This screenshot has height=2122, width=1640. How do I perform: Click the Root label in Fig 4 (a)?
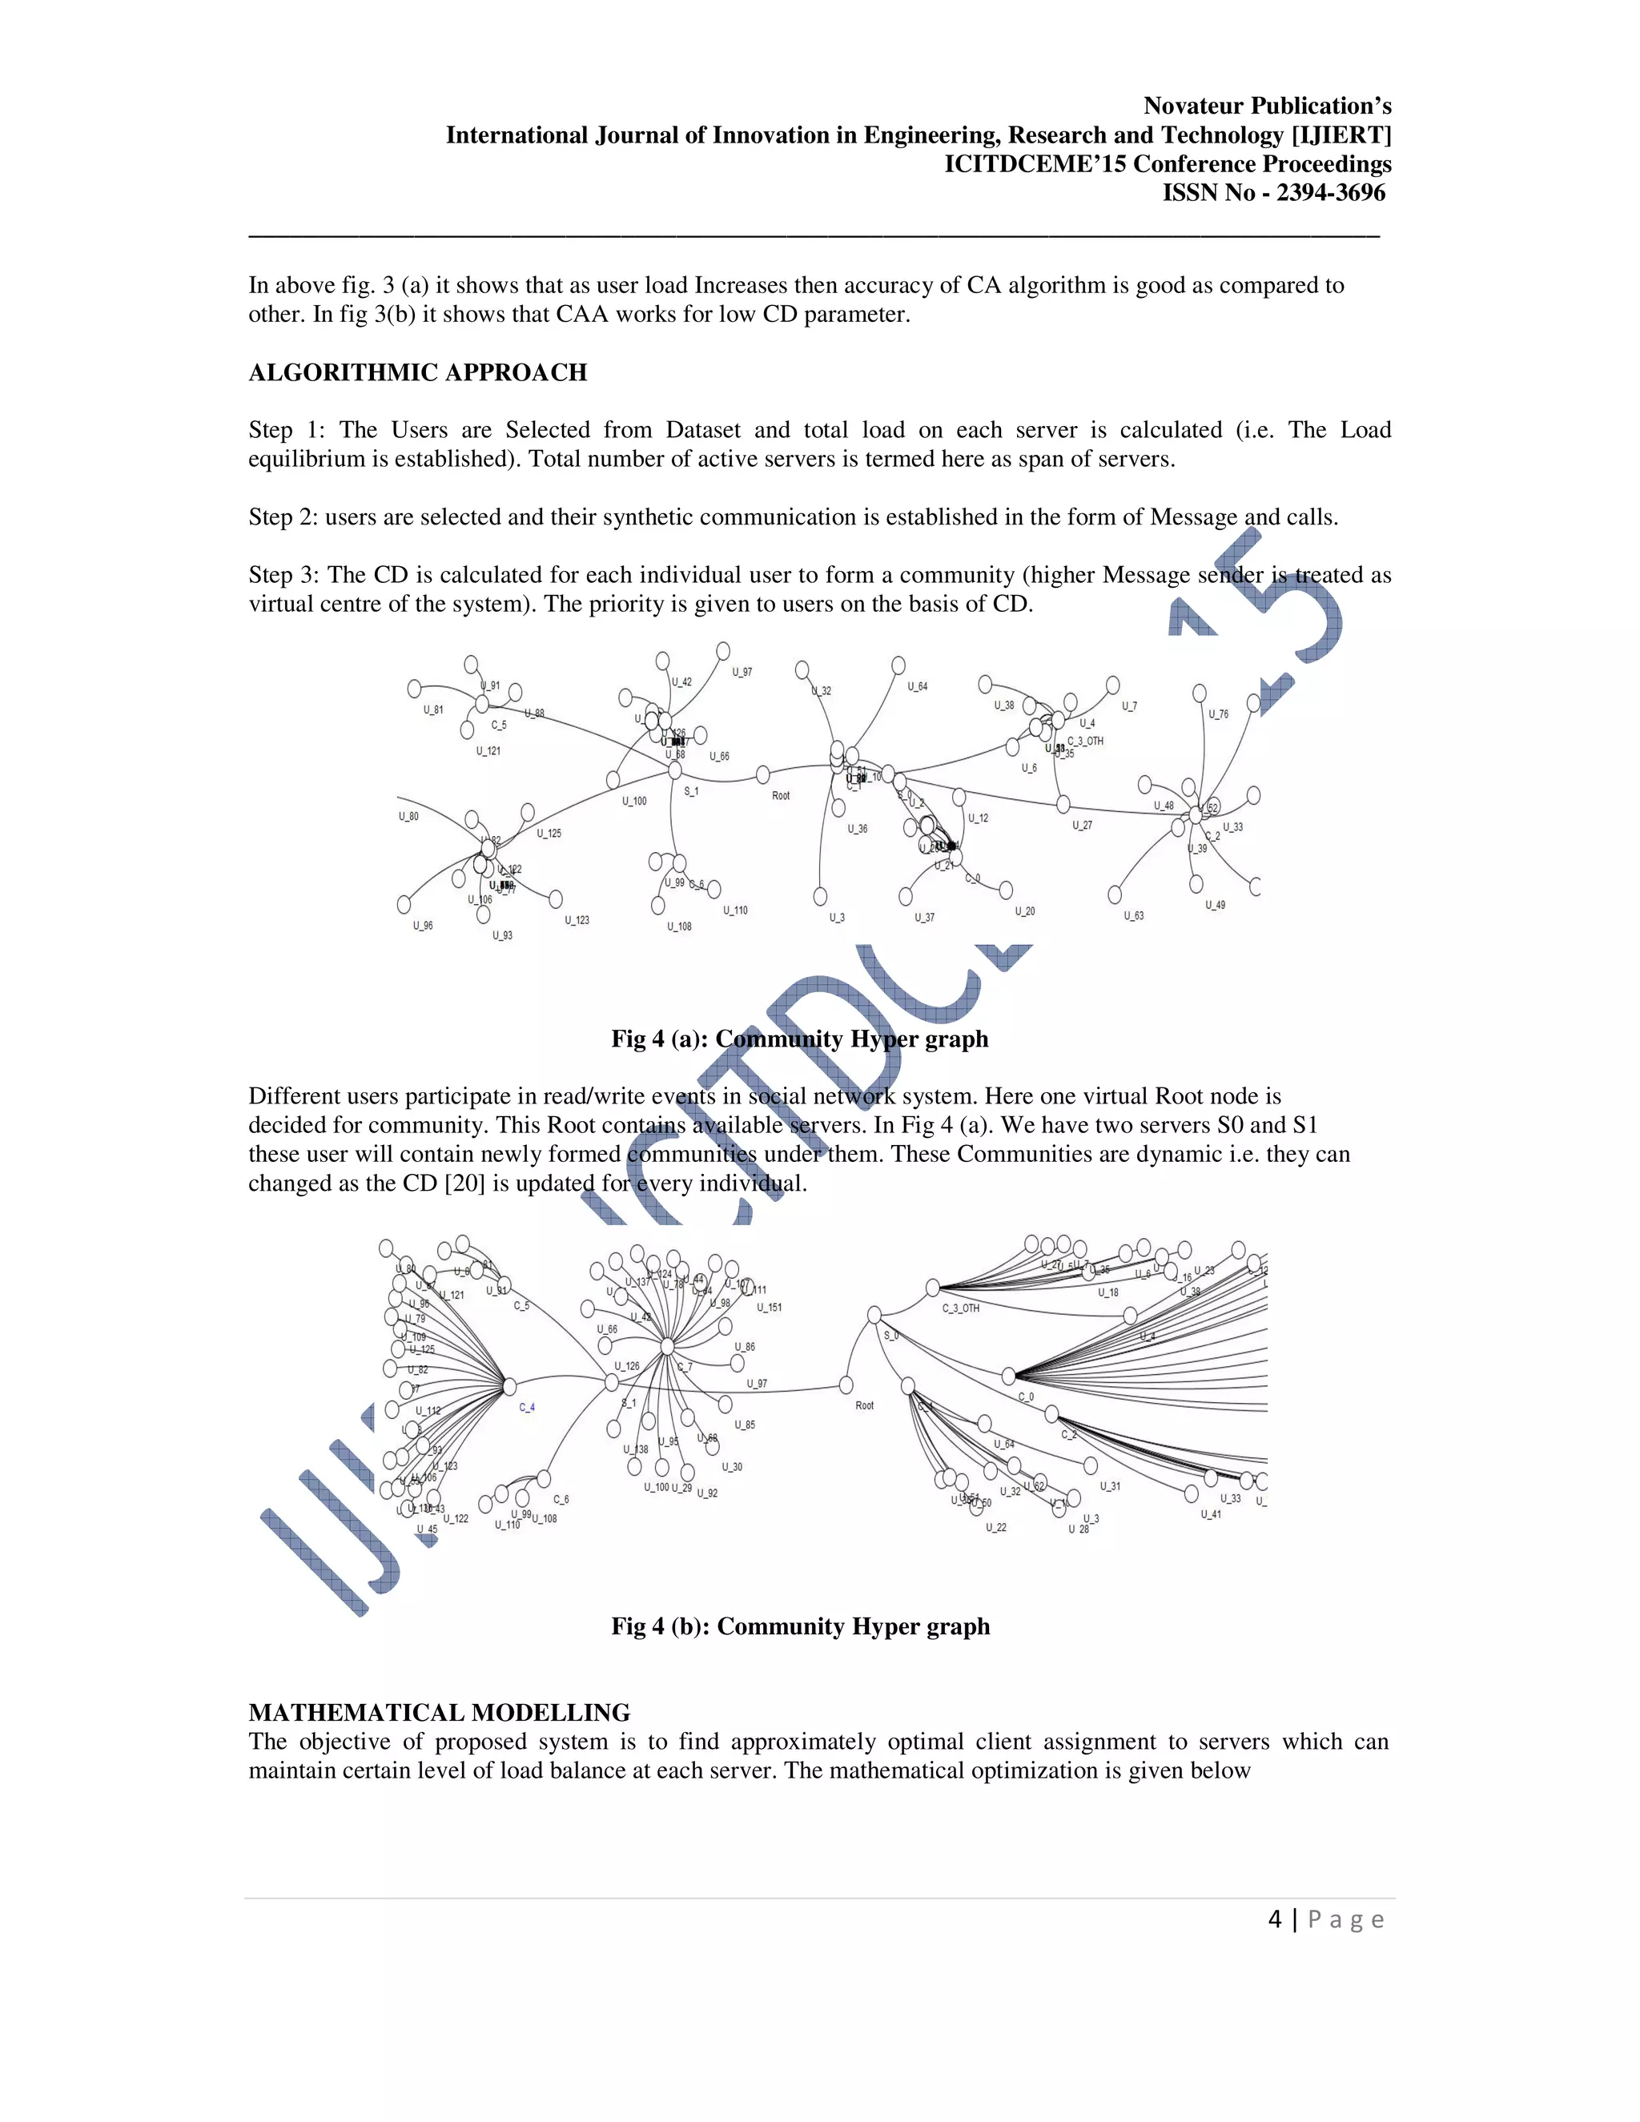point(780,796)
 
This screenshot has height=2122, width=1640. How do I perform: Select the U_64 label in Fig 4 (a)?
point(917,687)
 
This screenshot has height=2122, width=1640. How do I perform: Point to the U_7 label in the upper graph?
point(1129,706)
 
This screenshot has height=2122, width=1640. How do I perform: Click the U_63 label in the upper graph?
point(1134,916)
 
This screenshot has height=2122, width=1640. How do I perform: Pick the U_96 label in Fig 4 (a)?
point(423,926)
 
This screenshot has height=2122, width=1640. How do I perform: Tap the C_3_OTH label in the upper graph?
point(1085,741)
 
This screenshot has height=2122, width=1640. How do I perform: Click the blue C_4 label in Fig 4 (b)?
point(527,1407)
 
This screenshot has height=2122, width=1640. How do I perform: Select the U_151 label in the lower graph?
point(769,1308)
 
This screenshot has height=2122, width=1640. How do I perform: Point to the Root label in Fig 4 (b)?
point(864,1406)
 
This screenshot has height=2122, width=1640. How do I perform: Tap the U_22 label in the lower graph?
point(996,1527)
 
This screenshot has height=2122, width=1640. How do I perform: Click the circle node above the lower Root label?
point(846,1385)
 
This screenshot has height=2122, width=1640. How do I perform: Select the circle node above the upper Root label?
point(762,774)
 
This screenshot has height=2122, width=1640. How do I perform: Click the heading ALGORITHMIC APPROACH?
point(418,373)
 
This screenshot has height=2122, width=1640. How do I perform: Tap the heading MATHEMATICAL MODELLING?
point(439,1713)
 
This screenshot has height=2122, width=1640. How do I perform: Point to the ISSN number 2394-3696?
point(1330,193)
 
